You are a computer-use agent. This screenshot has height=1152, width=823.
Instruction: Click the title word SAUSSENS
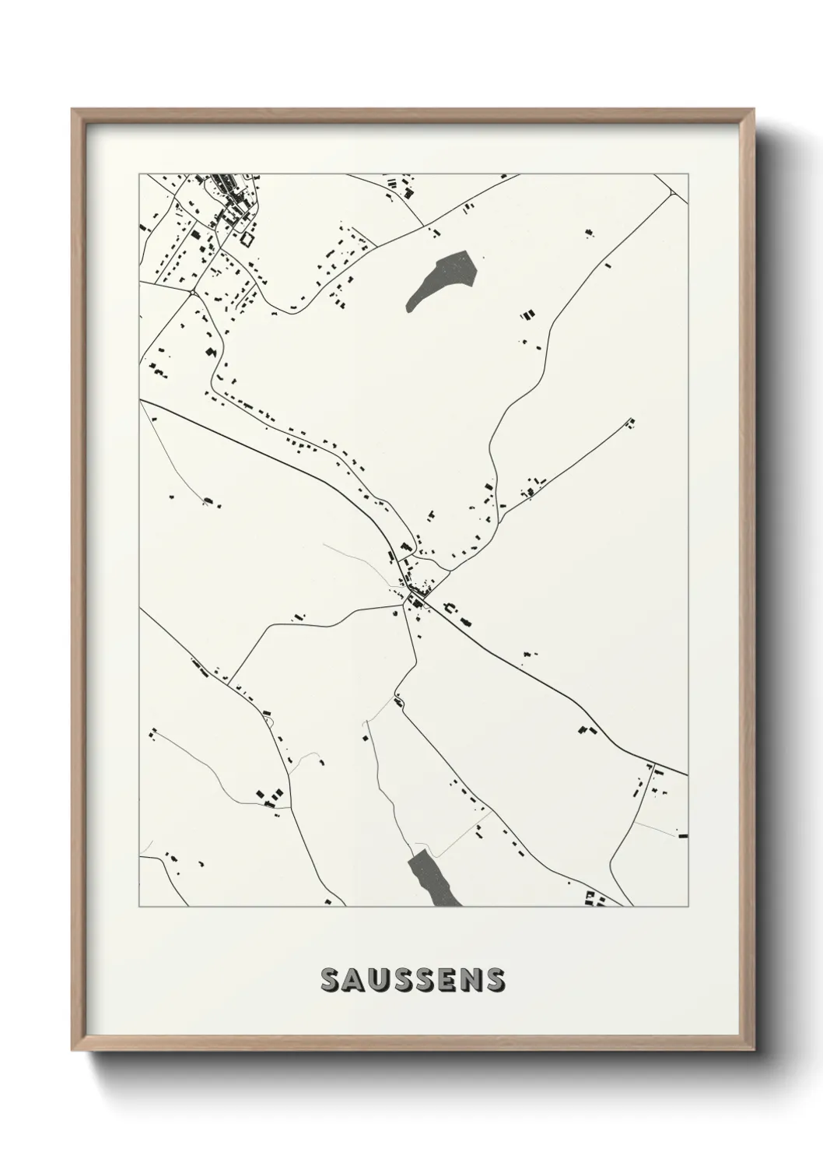[411, 980]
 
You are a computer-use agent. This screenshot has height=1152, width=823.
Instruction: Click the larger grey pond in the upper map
[442, 279]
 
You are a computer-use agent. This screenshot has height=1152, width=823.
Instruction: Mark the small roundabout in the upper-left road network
[191, 292]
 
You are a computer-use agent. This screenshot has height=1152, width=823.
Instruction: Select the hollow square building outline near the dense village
[247, 238]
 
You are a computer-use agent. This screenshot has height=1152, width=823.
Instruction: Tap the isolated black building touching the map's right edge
[683, 835]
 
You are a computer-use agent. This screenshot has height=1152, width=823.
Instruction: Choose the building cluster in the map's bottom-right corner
[595, 899]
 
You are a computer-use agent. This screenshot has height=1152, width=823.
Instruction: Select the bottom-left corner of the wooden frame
[73, 1053]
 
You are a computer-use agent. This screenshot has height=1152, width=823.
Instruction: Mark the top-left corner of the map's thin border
[139, 174]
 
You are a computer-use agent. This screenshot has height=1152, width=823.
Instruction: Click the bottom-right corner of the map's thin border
[688, 907]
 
